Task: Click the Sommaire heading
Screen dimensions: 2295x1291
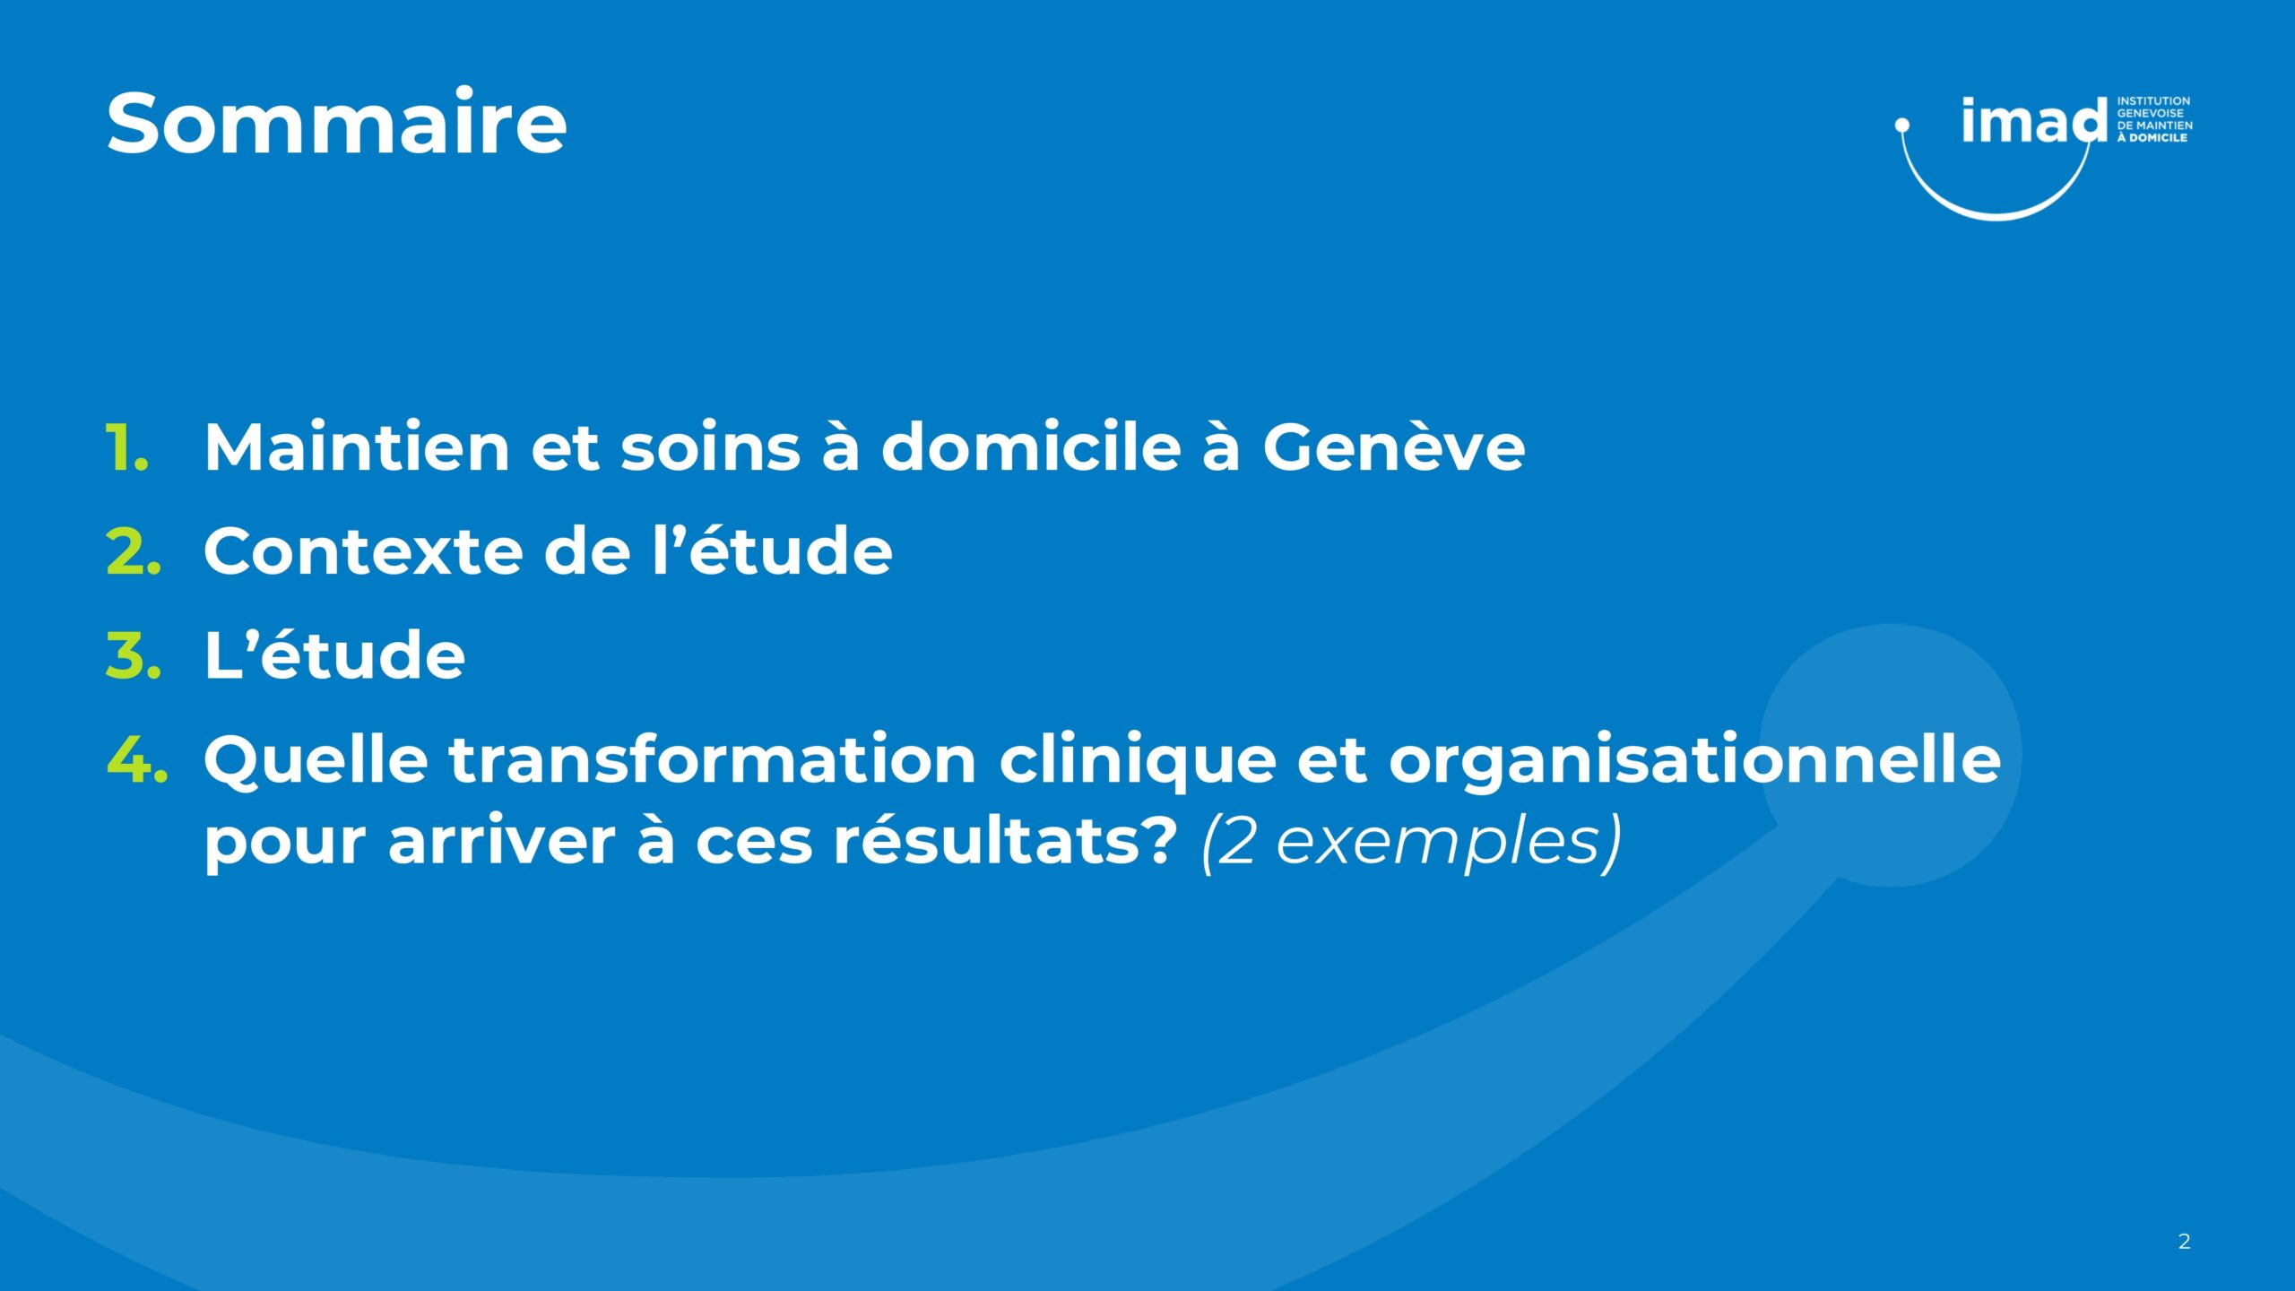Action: click(x=336, y=123)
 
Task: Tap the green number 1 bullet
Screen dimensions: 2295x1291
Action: click(x=127, y=446)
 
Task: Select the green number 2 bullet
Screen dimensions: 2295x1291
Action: click(x=134, y=550)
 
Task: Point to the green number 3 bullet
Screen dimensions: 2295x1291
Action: click(x=134, y=654)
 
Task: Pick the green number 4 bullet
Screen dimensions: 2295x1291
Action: click(x=136, y=758)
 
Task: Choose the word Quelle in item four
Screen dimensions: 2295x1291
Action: click(x=316, y=760)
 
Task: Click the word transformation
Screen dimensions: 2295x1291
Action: click(x=713, y=758)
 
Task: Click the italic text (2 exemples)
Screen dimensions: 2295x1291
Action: click(x=1411, y=843)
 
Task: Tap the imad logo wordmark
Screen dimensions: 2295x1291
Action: click(x=2034, y=120)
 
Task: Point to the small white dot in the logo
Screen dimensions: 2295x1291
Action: click(x=1901, y=126)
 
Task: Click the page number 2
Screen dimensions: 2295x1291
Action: click(x=2184, y=1242)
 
